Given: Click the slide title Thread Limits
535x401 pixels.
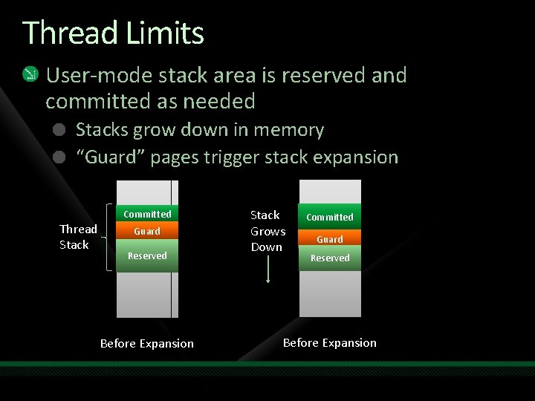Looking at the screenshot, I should point(113,33).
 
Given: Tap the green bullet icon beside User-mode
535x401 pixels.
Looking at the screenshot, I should point(30,74).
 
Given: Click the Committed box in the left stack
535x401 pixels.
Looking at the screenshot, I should point(147,214).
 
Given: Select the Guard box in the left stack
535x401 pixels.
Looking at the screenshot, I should point(147,232).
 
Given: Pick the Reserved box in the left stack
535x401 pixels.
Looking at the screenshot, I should point(147,256).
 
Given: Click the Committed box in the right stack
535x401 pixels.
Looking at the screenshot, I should point(330,217).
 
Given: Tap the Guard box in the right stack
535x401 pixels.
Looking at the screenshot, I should point(330,239).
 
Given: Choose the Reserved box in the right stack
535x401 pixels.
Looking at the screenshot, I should point(330,258).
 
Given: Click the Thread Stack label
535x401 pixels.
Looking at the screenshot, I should point(77,237).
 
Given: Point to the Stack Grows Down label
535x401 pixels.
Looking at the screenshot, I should point(267,231).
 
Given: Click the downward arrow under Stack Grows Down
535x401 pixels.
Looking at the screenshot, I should point(268,270).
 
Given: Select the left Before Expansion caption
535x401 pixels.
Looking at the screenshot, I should point(147,344).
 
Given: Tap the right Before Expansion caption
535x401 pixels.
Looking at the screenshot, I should point(330,343).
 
